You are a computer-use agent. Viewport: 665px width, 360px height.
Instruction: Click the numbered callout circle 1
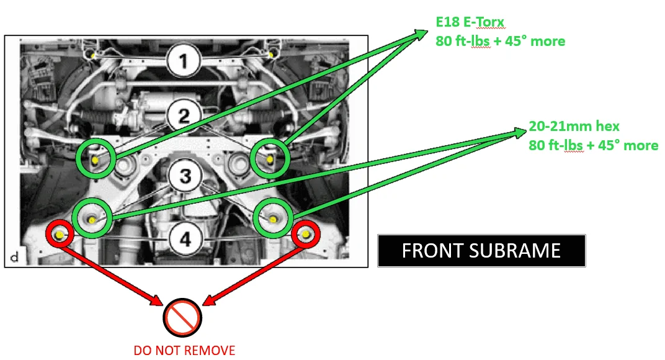[x=184, y=61]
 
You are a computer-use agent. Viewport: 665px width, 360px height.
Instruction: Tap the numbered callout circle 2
[x=184, y=115]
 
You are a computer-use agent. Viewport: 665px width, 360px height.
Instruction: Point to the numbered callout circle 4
[x=185, y=240]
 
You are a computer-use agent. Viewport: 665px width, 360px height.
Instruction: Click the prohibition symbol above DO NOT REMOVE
[x=182, y=318]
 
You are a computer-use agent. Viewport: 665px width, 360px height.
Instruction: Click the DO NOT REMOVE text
[x=184, y=350]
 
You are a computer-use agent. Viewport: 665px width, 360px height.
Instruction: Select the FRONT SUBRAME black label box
[x=481, y=251]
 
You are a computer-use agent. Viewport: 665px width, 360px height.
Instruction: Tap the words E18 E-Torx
[x=470, y=22]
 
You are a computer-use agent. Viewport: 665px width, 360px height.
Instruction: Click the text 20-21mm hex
[x=574, y=126]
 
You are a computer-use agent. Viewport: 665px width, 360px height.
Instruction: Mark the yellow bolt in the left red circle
[x=60, y=235]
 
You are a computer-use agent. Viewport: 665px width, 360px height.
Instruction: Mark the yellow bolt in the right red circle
[x=306, y=234]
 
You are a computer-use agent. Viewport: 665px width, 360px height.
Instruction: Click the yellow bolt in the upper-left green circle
[x=95, y=160]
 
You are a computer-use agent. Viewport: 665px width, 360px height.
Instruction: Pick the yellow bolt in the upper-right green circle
[x=270, y=160]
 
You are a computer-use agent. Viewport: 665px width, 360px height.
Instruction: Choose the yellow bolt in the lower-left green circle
[x=92, y=220]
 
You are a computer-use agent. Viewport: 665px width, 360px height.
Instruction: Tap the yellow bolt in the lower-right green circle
[x=273, y=220]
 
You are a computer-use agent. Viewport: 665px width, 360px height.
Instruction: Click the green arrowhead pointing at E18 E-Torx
[x=421, y=34]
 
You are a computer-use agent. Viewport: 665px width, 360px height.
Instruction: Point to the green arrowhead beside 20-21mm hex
[x=519, y=132]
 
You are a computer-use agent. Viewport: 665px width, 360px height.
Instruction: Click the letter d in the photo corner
[x=14, y=257]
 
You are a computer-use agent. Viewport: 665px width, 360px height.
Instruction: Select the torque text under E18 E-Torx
[x=501, y=41]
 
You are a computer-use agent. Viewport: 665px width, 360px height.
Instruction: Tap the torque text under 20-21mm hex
[x=593, y=145]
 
